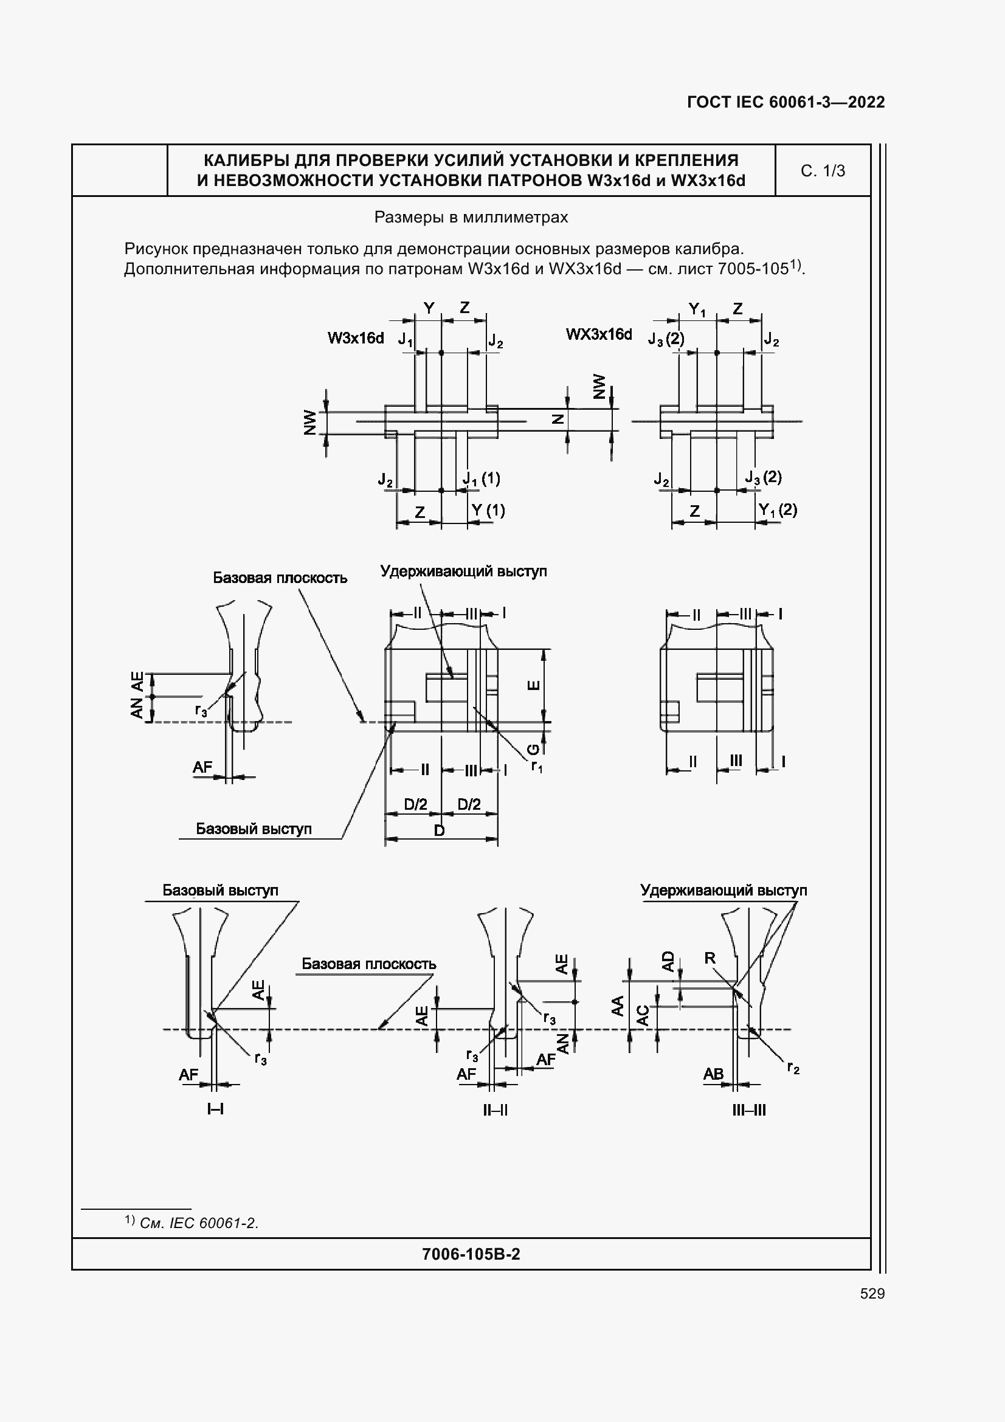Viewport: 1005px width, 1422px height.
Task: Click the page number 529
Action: pos(872,1293)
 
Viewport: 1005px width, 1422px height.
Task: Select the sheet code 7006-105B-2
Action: pos(471,1254)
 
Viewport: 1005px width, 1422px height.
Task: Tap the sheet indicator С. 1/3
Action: pos(823,171)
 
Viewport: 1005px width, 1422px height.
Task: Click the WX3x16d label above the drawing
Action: pos(599,334)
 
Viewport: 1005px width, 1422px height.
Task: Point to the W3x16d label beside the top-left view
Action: pos(356,338)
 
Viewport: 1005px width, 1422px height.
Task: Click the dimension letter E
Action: pos(533,685)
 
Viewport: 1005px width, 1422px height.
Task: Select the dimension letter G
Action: pos(533,750)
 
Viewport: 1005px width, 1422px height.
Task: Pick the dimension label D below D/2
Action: pos(439,830)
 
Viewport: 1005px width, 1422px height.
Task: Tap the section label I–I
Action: pos(215,1109)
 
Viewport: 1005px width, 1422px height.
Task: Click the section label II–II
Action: pos(496,1110)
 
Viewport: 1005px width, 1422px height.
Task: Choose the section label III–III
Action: pos(749,1110)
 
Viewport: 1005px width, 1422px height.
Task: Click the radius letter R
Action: pos(710,958)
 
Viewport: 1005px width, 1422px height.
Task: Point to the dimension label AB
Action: pos(713,1074)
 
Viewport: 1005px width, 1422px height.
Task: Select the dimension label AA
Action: pos(618,1005)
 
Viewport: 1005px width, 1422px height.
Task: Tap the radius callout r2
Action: pos(793,1068)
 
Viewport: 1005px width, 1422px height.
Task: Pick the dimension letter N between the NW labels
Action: pos(558,419)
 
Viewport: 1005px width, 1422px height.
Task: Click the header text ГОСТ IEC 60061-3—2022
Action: pos(786,102)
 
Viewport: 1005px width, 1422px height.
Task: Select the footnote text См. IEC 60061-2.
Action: pos(199,1223)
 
